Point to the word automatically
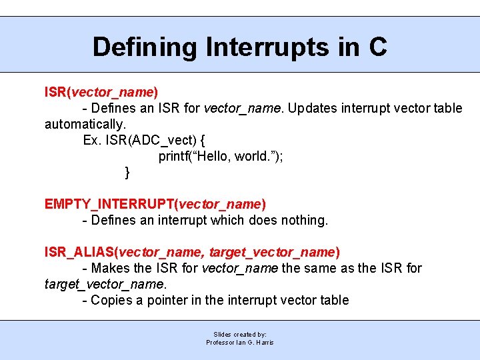point(84,124)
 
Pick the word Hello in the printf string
point(215,157)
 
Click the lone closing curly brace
point(127,173)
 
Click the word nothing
point(305,220)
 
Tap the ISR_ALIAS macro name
point(79,252)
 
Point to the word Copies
point(111,300)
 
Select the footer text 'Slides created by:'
point(240,334)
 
